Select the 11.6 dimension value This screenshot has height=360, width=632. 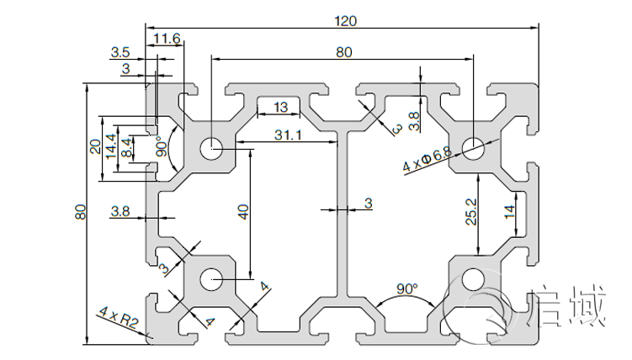167,39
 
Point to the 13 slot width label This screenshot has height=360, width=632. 280,107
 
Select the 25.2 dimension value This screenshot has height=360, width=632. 472,212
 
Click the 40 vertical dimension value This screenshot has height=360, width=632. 243,212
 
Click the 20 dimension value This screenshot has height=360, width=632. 95,147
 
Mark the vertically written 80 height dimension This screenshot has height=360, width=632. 79,214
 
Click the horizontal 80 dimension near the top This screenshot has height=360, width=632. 343,52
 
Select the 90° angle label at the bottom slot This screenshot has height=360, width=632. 406,289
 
